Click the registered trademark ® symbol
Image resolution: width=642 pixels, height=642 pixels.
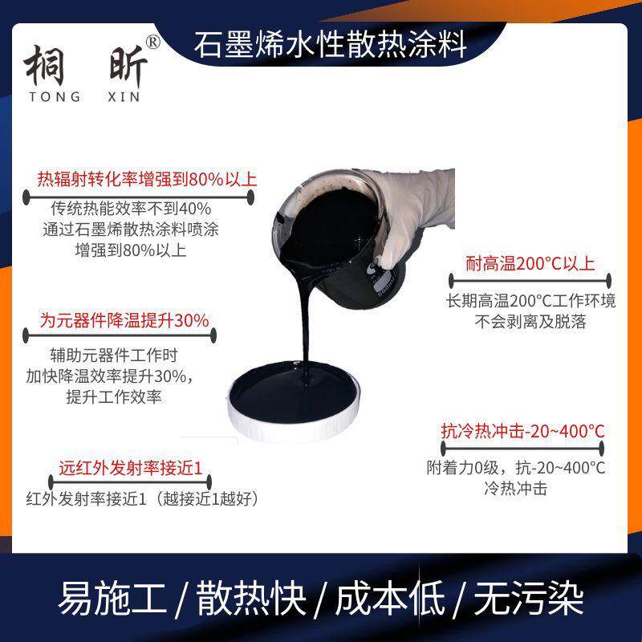coord(152,43)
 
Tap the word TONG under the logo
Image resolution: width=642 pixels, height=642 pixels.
coord(55,97)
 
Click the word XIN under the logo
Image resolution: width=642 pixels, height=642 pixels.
coord(124,97)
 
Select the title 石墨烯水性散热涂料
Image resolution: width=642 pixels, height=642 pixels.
coord(331,45)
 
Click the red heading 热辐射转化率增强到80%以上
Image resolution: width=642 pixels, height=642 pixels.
coord(147,179)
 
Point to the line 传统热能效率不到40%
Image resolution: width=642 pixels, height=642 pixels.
coord(131,209)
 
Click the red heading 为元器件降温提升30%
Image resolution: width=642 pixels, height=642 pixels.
coord(124,319)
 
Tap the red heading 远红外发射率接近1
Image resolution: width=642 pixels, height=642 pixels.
coord(130,468)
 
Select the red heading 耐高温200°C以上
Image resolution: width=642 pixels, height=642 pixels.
coord(530,263)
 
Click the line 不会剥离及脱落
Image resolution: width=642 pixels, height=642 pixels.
coord(530,322)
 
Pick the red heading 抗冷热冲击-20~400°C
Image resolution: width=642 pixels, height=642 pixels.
coord(523,431)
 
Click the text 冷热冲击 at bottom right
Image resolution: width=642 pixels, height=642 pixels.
coord(515,488)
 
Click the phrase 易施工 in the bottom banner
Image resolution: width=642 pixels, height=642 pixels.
coord(112,598)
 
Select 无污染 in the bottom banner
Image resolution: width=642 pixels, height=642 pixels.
coord(529,598)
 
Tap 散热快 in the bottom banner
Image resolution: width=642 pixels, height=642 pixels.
coord(251,598)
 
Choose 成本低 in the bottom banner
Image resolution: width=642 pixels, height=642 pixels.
coord(390,598)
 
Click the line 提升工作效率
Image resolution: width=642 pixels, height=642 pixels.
coord(114,396)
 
